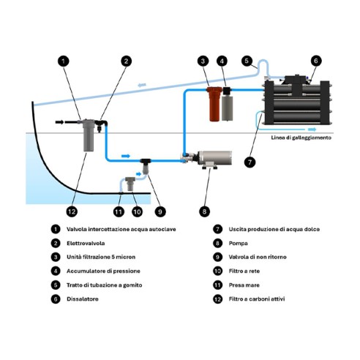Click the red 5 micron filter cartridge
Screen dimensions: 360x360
pos(214,104)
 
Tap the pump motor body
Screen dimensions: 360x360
pos(214,157)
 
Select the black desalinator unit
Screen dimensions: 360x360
pos(297,101)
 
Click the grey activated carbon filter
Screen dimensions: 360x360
pos(88,135)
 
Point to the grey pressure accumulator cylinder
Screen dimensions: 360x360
pos(227,108)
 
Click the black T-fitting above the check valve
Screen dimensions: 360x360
pos(146,161)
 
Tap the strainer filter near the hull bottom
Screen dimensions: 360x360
pos(130,184)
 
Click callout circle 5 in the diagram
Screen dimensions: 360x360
pos(247,61)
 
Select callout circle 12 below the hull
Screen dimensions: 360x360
pos(72,211)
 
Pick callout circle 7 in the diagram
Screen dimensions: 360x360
pos(250,162)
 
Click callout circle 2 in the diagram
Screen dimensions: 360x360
pos(126,61)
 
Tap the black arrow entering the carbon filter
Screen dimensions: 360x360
pos(59,122)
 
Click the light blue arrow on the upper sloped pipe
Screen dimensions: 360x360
pos(142,85)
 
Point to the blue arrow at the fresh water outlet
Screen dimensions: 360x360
pos(312,130)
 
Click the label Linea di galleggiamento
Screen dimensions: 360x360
pos(301,138)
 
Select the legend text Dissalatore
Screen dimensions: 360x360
pos(83,299)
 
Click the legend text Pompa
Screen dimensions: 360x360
pos(238,244)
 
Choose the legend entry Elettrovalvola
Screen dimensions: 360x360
pos(86,244)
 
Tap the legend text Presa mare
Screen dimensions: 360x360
pos(244,285)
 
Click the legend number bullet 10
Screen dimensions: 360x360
pos(217,271)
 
